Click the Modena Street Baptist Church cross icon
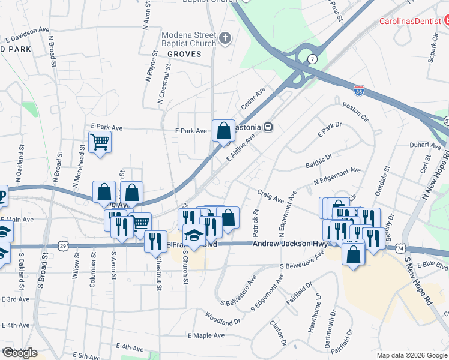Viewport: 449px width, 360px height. click(226, 39)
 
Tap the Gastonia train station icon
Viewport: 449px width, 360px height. click(270, 127)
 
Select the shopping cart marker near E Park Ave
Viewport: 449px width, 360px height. click(100, 143)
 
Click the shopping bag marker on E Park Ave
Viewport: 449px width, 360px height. click(223, 131)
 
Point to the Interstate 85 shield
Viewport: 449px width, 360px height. click(359, 91)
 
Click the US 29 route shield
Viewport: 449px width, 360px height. click(63, 245)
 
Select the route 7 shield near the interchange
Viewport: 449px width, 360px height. click(313, 59)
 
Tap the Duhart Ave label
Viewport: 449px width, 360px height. click(425, 145)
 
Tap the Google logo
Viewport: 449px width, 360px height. click(20, 353)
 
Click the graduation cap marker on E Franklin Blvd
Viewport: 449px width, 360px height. click(194, 236)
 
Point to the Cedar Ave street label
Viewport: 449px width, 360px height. click(253, 95)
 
